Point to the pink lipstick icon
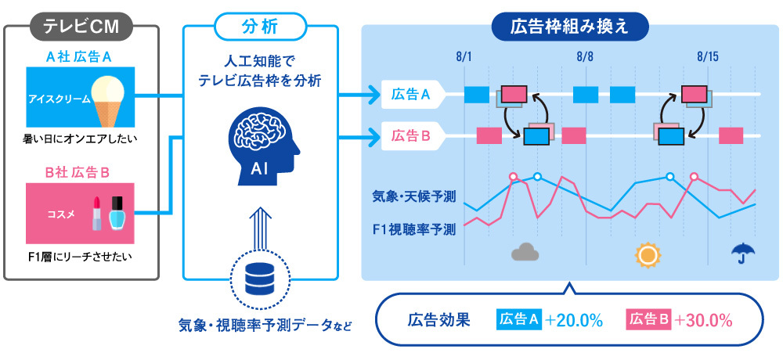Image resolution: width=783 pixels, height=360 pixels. coord(97,213)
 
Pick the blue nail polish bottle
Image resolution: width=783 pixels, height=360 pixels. coord(117,212)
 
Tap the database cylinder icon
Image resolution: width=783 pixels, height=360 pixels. coord(260,276)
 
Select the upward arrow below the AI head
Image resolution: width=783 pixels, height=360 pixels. coord(260,222)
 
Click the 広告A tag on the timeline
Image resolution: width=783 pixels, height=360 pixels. coord(410,95)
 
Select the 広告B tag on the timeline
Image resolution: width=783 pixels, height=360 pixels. coord(410,135)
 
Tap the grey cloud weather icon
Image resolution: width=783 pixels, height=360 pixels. coord(526,252)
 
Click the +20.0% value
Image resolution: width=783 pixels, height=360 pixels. coord(574,319)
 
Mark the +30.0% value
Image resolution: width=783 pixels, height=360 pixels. coord(703,319)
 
